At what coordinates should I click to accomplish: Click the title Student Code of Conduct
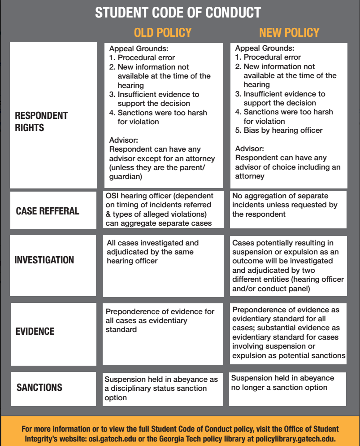pos(178,12)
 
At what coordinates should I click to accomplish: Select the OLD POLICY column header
pos(162,33)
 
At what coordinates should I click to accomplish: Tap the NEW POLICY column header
pos(289,33)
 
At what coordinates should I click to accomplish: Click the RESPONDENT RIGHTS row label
pos(41,121)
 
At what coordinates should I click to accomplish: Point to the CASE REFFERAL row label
pos(48,211)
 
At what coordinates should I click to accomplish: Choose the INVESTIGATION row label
pos(44,260)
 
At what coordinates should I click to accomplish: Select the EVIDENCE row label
pos(35,332)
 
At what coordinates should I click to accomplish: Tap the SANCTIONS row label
pos(39,387)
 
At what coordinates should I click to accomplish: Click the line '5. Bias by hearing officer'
pos(279,130)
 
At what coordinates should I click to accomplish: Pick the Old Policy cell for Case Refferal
pos(162,210)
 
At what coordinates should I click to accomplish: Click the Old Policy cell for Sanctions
pos(162,388)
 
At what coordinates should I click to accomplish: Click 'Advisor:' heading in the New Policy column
pos(250,149)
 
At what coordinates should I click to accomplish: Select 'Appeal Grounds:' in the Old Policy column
pos(139,48)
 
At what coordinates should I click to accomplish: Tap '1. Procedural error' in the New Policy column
pos(268,57)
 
